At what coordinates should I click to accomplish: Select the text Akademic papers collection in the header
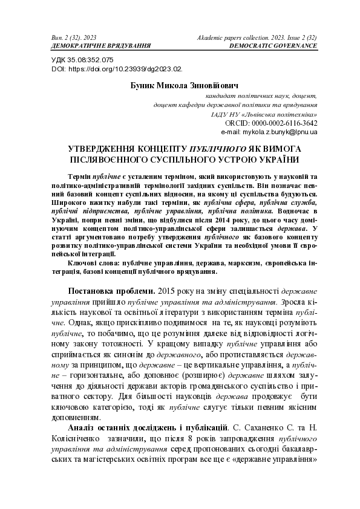232,37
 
